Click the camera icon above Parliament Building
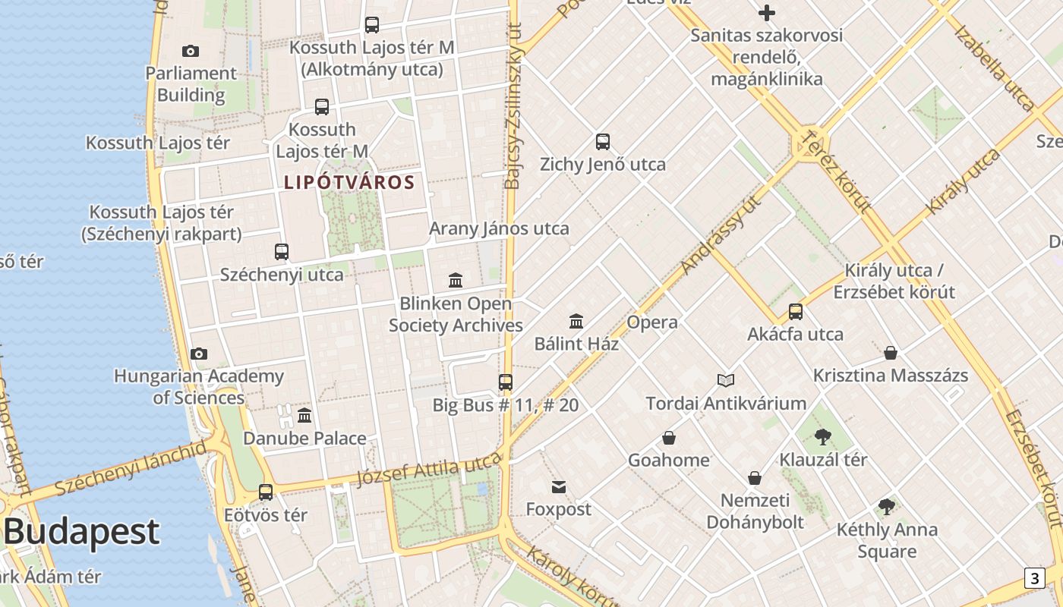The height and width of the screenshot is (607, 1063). pyautogui.click(x=191, y=51)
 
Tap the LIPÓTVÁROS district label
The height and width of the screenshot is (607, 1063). pyautogui.click(x=349, y=182)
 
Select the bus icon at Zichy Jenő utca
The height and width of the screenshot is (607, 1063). pyautogui.click(x=603, y=141)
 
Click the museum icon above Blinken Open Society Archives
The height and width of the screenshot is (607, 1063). pyautogui.click(x=456, y=280)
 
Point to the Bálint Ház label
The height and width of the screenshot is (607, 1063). pyautogui.click(x=576, y=344)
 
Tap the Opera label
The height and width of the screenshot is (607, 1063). pyautogui.click(x=651, y=322)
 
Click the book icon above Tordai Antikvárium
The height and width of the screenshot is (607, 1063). pyautogui.click(x=726, y=380)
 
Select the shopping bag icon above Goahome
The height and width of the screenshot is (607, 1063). pyautogui.click(x=669, y=438)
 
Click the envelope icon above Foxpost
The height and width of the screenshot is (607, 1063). pyautogui.click(x=559, y=487)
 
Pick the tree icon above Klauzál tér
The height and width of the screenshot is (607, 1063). pyautogui.click(x=822, y=436)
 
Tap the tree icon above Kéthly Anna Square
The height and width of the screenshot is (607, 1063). pyautogui.click(x=886, y=507)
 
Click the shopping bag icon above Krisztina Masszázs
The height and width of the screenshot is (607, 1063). pyautogui.click(x=891, y=353)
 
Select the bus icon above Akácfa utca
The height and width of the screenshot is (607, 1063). pyautogui.click(x=795, y=311)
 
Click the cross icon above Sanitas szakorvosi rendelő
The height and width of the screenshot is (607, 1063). pyautogui.click(x=767, y=13)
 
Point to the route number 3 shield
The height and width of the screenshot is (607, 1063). pyautogui.click(x=1034, y=578)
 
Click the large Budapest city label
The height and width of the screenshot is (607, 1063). pyautogui.click(x=81, y=532)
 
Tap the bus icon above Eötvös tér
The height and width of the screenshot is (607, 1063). pyautogui.click(x=266, y=492)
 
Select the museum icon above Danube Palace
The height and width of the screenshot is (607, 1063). pyautogui.click(x=304, y=415)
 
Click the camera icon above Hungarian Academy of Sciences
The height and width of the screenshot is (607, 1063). pyautogui.click(x=199, y=354)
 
